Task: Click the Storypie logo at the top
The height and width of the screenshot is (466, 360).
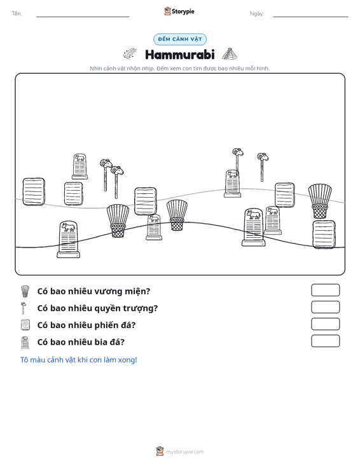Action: (x=179, y=11)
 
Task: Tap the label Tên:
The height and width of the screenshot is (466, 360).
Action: (x=17, y=13)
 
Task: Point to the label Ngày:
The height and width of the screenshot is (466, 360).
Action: (x=256, y=14)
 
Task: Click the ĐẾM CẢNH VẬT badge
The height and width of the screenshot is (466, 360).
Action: (x=180, y=39)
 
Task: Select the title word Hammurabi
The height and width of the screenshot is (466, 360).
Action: (x=180, y=55)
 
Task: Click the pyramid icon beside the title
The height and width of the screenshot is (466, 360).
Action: (x=230, y=54)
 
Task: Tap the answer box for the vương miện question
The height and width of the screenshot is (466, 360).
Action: (x=325, y=290)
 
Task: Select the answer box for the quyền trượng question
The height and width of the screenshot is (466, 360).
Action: (x=325, y=307)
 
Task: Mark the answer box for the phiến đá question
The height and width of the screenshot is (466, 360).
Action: (x=325, y=324)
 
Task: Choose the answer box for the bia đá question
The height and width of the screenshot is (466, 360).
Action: (x=325, y=341)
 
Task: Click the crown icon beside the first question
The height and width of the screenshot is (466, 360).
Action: (x=25, y=291)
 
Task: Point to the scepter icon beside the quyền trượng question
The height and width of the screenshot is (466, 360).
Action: (x=23, y=308)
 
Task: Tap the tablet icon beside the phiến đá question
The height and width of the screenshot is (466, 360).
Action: (x=25, y=325)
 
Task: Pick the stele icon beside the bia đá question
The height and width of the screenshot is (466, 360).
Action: (x=25, y=343)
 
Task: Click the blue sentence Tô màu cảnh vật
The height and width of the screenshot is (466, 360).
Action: (x=78, y=360)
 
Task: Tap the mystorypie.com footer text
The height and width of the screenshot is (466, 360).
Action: (x=184, y=452)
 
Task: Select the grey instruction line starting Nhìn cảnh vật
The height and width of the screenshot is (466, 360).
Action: (x=179, y=69)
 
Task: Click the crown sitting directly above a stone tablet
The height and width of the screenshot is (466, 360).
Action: (x=320, y=201)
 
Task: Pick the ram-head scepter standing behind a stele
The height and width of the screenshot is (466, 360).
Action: (x=237, y=160)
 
